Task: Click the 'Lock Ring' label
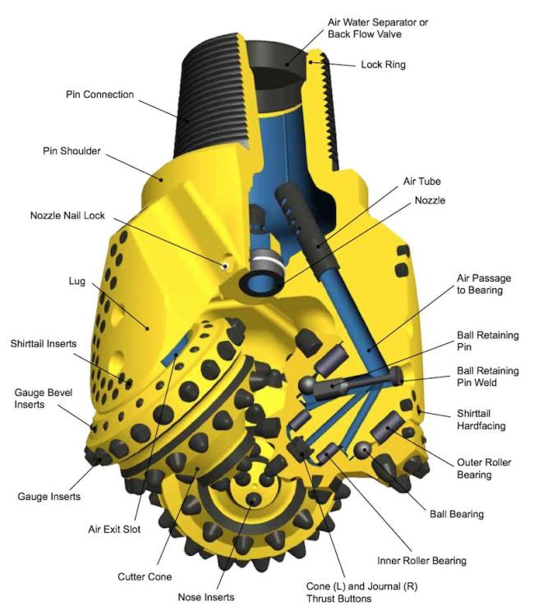click(383, 65)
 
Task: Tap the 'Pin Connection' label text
click(99, 94)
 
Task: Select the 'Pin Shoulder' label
click(71, 151)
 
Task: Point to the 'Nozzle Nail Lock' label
click(67, 216)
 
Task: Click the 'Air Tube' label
click(421, 181)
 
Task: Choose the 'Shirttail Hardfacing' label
click(481, 420)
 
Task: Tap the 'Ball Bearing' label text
click(457, 514)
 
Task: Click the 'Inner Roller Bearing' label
click(421, 561)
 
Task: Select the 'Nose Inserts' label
click(206, 598)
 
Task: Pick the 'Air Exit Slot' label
click(114, 530)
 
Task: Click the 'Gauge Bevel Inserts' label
click(44, 398)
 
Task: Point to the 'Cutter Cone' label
click(145, 577)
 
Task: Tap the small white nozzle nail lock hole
click(225, 266)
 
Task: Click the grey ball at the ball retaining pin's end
click(307, 385)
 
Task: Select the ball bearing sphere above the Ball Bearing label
click(362, 450)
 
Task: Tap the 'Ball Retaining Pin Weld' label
click(488, 377)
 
